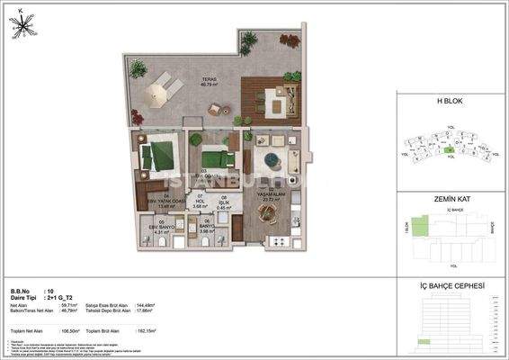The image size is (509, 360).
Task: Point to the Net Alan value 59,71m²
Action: pyautogui.click(x=65, y=307)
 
